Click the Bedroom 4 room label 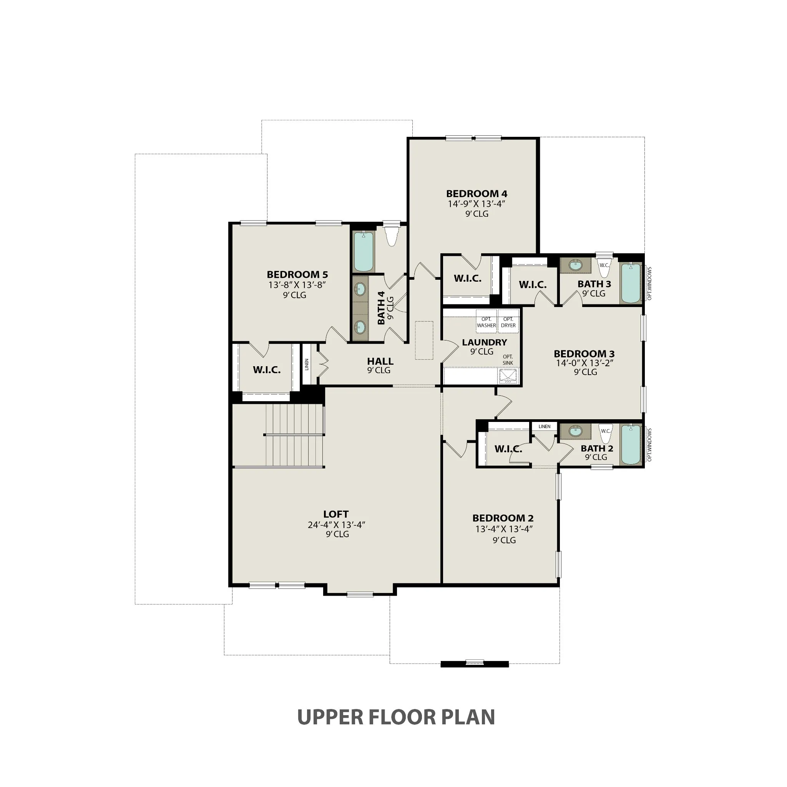[477, 194]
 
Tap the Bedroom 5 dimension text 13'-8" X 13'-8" [297, 285]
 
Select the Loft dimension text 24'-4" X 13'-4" [337, 525]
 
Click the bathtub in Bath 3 [631, 283]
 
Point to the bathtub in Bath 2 [631, 444]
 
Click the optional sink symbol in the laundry [508, 375]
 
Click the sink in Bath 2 [575, 432]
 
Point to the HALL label [380, 361]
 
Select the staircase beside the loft [295, 435]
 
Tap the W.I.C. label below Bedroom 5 [267, 370]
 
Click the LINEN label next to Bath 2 [544, 427]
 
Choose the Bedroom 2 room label [503, 518]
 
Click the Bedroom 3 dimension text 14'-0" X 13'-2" [585, 363]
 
